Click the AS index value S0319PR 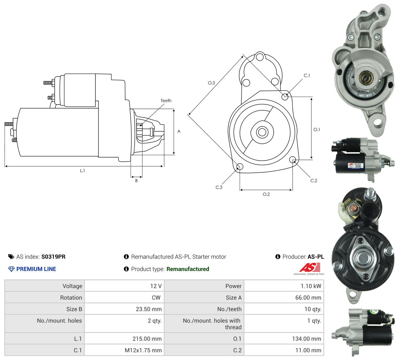point(53,257)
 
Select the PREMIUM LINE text point(36,269)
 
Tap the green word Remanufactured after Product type point(188,269)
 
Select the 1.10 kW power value point(311,286)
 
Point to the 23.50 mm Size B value point(149,309)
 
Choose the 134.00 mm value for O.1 point(307,339)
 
